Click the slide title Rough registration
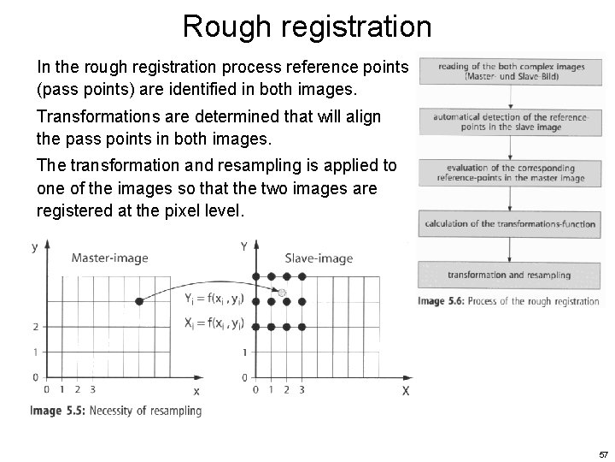307,27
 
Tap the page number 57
603,454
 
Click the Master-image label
109,258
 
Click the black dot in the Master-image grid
138,301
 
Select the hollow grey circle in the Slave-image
281,294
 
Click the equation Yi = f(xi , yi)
214,299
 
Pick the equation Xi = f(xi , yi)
214,323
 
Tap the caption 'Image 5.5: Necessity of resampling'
116,411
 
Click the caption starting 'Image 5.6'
507,301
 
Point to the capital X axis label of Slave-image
405,391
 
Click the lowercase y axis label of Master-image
34,247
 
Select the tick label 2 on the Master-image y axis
34,327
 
